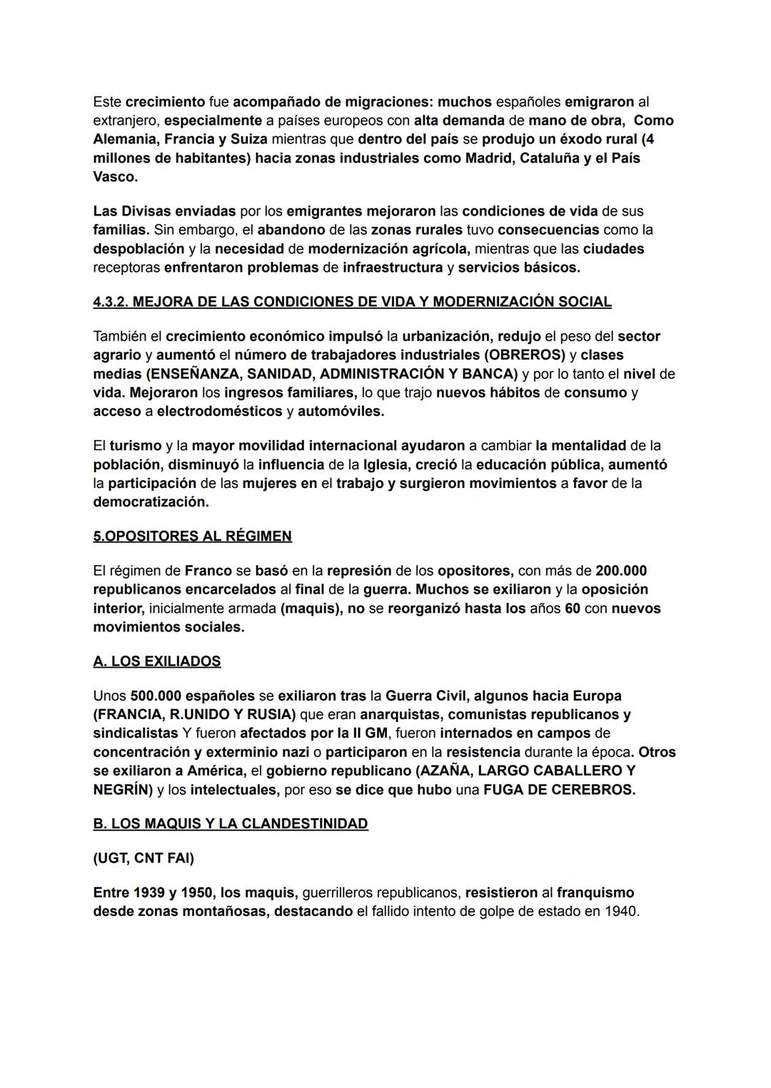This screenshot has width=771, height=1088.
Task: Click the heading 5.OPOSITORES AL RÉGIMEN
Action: [192, 536]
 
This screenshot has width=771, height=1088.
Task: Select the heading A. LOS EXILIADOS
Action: [156, 661]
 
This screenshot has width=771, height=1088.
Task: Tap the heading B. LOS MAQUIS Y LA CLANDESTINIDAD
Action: [230, 823]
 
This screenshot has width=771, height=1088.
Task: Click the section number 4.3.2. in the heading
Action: [111, 302]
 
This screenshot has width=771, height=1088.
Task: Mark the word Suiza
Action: [248, 139]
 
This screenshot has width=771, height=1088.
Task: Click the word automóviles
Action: [341, 411]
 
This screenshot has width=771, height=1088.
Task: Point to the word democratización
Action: [151, 502]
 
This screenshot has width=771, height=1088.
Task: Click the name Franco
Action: [208, 571]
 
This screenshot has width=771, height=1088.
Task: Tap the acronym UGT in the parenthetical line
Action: [111, 858]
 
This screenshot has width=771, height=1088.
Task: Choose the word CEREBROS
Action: [595, 790]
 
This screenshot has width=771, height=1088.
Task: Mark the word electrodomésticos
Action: [219, 411]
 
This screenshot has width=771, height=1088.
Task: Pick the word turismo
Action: [135, 446]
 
